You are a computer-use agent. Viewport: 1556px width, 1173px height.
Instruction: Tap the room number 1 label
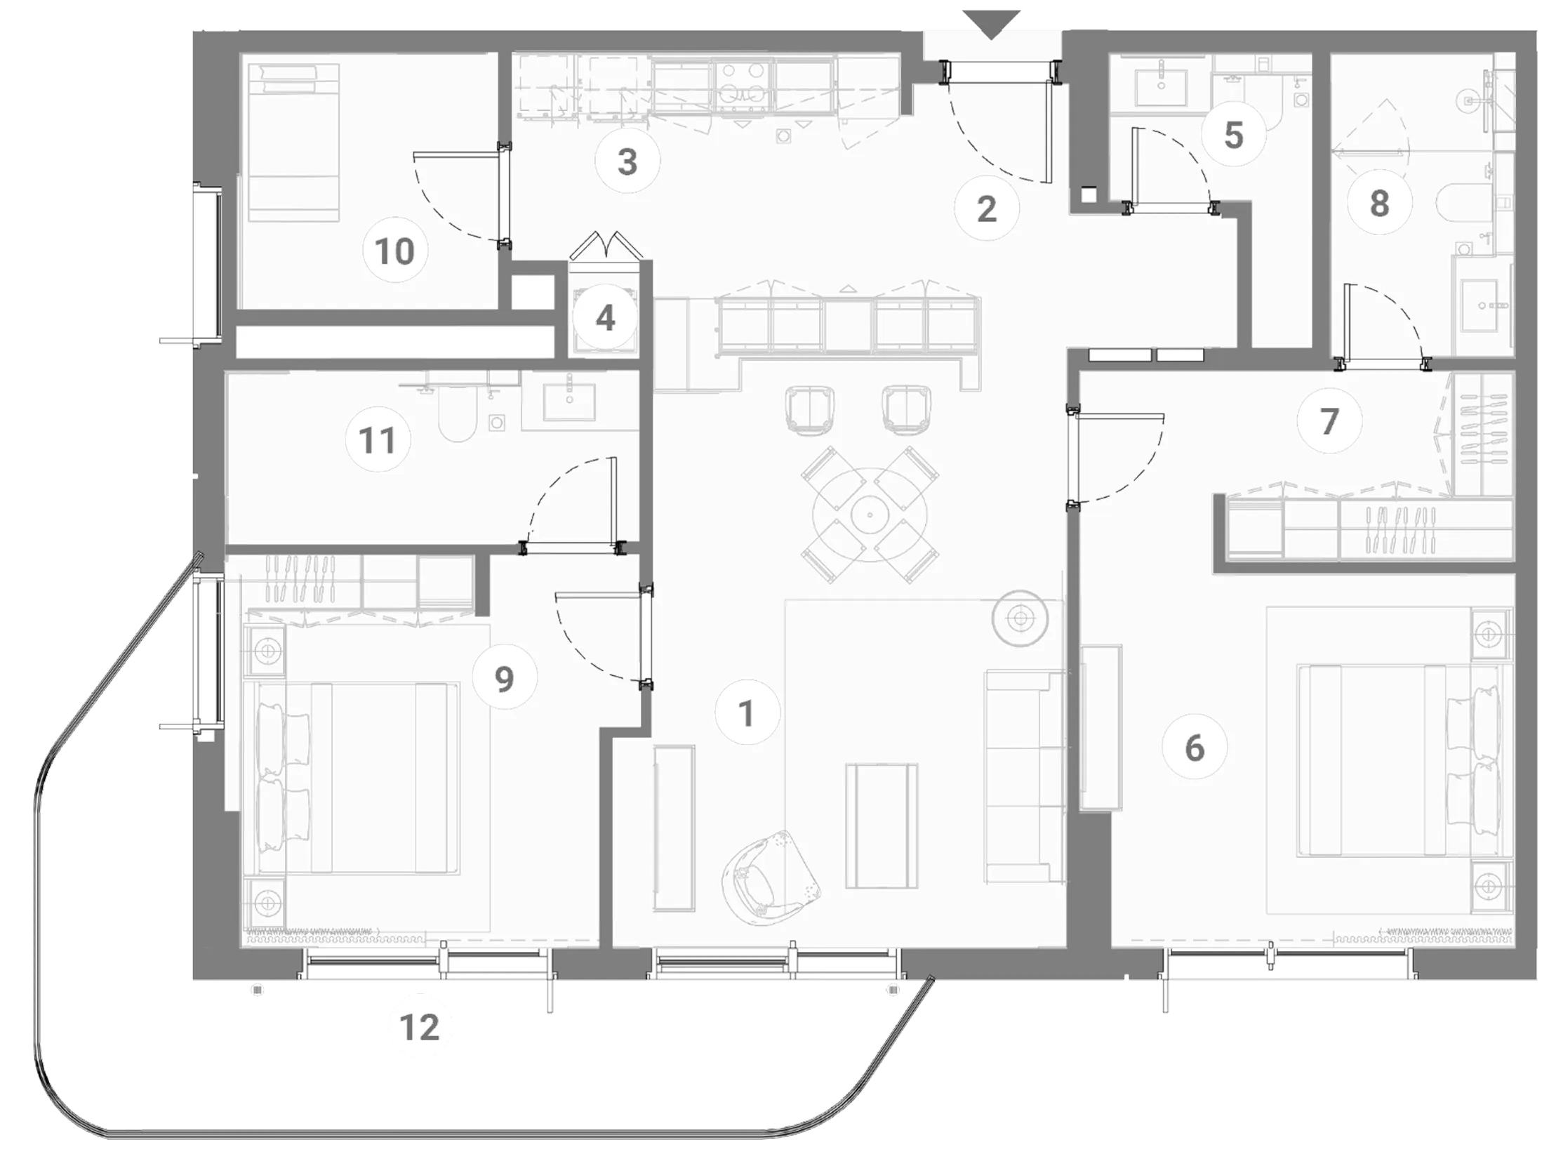coord(747,713)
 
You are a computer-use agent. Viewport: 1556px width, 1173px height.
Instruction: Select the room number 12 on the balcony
coord(420,1028)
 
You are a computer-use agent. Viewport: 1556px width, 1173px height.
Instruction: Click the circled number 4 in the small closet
coord(605,319)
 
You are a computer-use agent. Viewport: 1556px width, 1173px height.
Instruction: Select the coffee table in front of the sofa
coord(882,825)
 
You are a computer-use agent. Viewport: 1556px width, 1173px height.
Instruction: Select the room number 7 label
coord(1329,421)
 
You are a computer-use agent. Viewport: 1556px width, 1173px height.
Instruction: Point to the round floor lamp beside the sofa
coord(1019,619)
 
